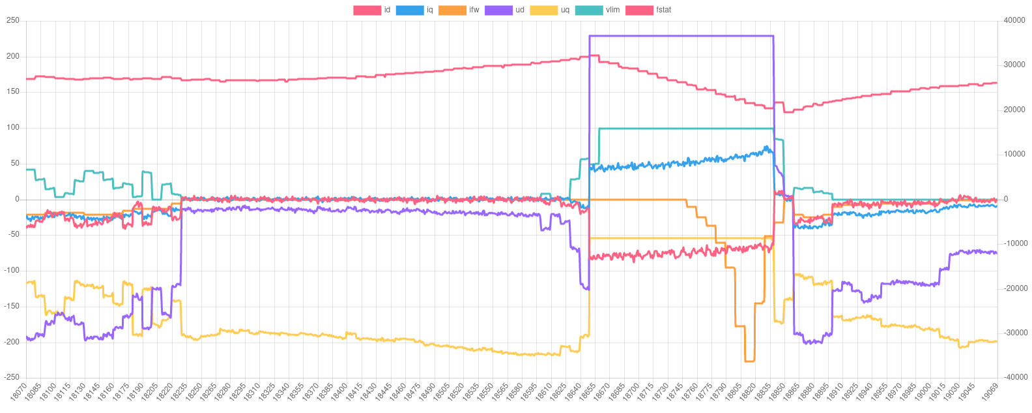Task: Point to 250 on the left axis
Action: tap(13, 21)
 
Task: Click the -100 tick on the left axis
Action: tap(12, 270)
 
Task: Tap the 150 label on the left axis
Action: tap(13, 92)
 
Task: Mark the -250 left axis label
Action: tap(12, 377)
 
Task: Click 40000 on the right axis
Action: tap(1015, 21)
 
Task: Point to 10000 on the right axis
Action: tap(1015, 154)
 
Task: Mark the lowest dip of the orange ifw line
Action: tap(750, 360)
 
